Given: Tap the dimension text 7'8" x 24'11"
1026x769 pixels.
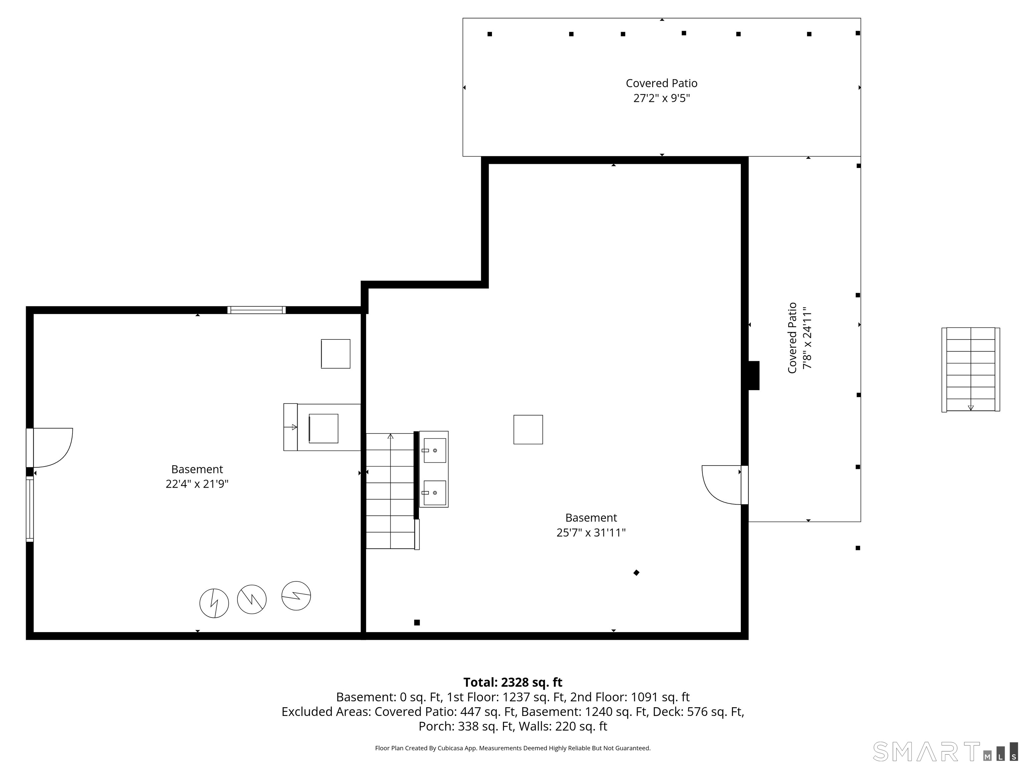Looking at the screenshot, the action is point(808,337).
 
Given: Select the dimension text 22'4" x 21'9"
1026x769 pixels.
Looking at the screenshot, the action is point(197,484).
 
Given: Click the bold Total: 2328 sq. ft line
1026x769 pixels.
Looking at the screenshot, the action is point(513,682).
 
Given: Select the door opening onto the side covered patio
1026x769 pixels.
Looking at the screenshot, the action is point(724,485).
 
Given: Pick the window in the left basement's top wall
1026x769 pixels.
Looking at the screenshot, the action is point(256,310).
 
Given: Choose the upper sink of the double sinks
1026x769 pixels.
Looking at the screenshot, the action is point(435,450).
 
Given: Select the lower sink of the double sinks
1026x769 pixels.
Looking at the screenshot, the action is point(435,493).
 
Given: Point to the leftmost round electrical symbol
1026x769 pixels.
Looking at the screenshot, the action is point(214,603).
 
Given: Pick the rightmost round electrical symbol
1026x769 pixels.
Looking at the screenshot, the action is point(296,596).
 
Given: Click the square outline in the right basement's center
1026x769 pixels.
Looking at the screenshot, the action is point(528,430).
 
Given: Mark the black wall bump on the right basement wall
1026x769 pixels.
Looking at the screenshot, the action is point(754,375).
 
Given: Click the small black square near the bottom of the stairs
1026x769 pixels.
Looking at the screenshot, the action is point(417,622).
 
